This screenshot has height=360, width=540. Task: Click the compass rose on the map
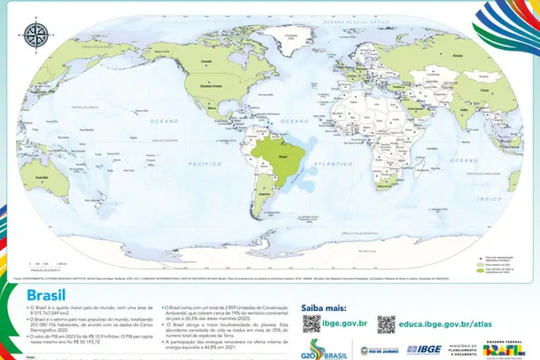point(35,35)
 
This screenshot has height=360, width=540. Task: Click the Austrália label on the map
point(33,177)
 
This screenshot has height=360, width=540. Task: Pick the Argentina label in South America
point(265,194)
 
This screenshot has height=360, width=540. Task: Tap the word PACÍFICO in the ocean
point(204,164)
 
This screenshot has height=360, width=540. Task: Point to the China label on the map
point(483,91)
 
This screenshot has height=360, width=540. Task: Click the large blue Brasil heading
point(46,294)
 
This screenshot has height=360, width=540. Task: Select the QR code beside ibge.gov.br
point(311,323)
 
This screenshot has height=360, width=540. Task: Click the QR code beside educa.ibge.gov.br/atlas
point(387,323)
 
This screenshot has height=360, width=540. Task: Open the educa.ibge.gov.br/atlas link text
point(445,324)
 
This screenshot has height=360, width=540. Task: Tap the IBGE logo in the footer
point(424,350)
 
